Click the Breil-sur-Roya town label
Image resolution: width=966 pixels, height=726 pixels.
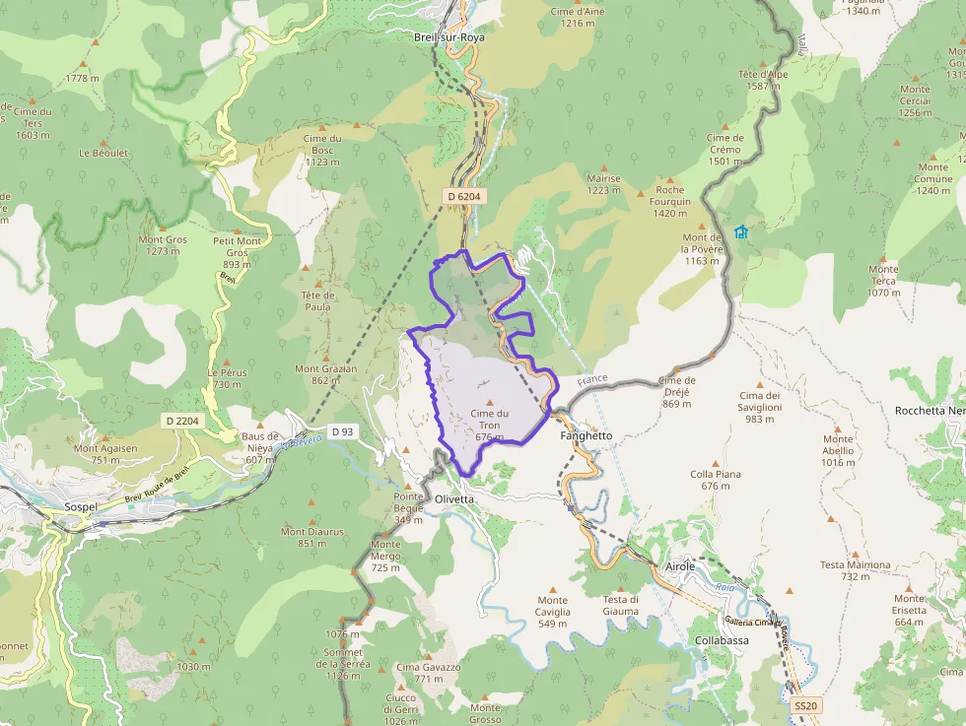coord(449,36)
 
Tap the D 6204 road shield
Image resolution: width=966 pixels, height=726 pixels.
coord(463,196)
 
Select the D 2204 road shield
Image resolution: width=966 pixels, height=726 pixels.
coord(182,421)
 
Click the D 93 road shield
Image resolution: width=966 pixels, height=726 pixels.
coord(342,430)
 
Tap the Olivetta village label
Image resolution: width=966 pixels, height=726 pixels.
coord(454,498)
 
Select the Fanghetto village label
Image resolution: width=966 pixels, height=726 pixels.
coord(586,435)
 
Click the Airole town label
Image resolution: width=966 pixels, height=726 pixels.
coord(680,566)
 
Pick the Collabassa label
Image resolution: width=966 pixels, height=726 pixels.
coord(722,639)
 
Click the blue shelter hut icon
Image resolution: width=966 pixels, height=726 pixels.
coord(740,231)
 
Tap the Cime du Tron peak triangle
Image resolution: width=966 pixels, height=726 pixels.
coord(489,401)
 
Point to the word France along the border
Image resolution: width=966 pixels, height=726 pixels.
coord(593,378)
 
